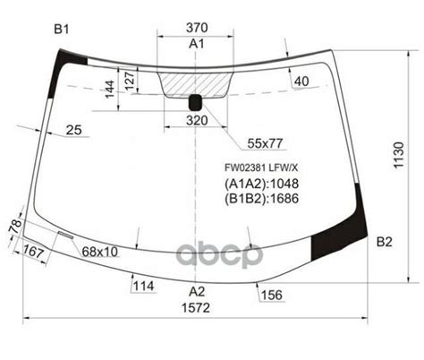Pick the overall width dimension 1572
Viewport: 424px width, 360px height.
click(x=197, y=307)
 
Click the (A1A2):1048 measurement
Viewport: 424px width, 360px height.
click(x=260, y=184)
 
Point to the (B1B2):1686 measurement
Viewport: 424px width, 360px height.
click(x=260, y=200)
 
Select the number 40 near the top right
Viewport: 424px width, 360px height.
click(x=300, y=82)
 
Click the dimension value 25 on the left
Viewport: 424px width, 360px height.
click(x=73, y=131)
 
